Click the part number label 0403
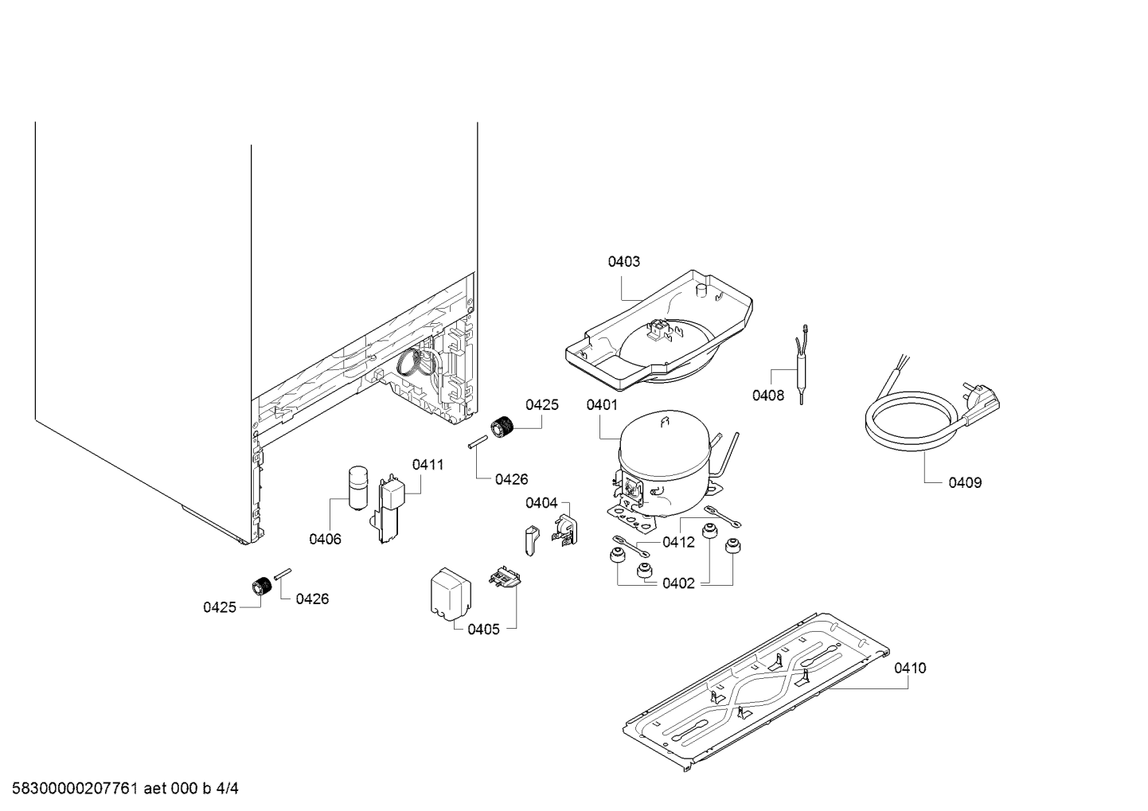[623, 262]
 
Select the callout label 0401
[602, 405]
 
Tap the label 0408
[767, 396]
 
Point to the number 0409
[965, 482]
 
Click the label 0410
[910, 668]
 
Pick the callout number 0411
[428, 465]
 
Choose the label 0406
[325, 539]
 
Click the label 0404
[541, 503]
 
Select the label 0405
[483, 630]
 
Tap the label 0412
[678, 542]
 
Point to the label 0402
[678, 583]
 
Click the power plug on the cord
[980, 403]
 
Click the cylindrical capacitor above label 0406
[357, 488]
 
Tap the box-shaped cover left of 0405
[451, 595]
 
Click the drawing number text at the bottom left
[125, 789]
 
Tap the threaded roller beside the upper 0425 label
[503, 427]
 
